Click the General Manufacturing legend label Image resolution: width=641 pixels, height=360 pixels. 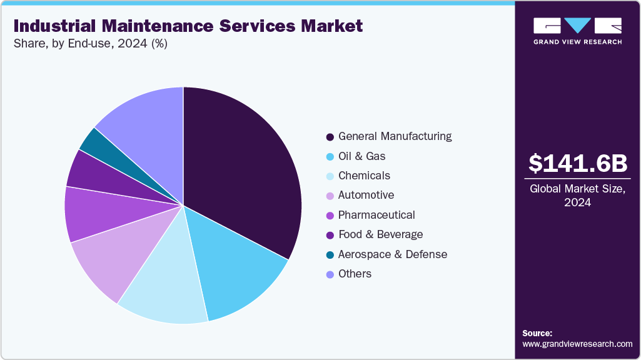(395, 136)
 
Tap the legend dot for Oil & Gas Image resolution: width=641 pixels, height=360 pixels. (330, 156)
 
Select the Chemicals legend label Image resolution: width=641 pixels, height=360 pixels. (364, 176)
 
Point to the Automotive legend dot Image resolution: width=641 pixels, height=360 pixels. (330, 196)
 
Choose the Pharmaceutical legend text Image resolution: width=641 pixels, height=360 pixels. (376, 215)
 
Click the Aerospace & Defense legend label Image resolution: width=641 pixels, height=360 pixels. (393, 254)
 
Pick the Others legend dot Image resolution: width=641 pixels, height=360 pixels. (330, 274)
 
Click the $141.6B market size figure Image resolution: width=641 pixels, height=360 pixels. (577, 163)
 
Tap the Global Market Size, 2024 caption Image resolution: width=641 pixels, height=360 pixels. (577, 196)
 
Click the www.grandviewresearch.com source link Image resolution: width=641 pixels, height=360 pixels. (577, 344)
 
